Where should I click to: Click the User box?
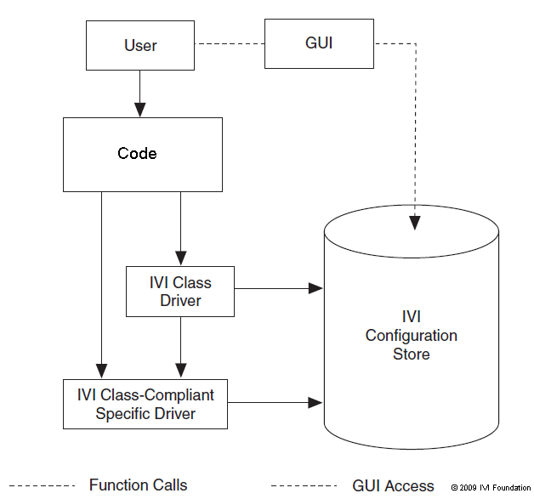(140, 45)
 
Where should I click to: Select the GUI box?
(319, 43)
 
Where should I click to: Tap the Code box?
(142, 154)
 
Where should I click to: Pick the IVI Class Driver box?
(179, 291)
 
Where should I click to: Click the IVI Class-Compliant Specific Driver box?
(145, 404)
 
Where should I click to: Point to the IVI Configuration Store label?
(411, 335)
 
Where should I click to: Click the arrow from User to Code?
(140, 94)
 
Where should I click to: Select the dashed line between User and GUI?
(230, 44)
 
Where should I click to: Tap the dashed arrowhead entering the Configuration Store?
(414, 223)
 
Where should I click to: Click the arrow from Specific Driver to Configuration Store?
(276, 400)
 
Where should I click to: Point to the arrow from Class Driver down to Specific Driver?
(180, 348)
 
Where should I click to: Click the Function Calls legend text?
(138, 485)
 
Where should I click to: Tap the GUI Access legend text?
(393, 486)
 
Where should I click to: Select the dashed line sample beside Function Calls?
(42, 486)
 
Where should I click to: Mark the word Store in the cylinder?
(411, 354)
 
